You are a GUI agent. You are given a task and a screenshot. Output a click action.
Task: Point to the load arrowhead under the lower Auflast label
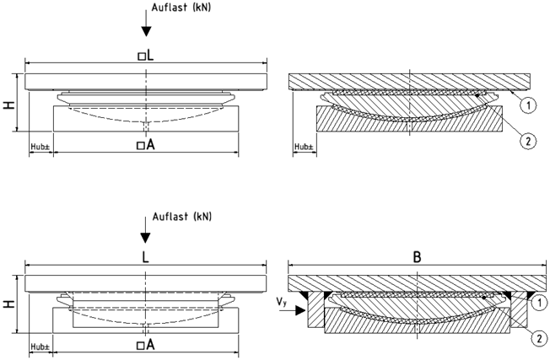(x=147, y=239)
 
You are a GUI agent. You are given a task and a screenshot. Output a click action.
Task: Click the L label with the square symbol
(x=146, y=55)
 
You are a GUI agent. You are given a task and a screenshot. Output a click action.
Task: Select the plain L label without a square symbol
(x=146, y=258)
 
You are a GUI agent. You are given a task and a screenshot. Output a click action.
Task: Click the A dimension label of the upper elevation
(x=146, y=145)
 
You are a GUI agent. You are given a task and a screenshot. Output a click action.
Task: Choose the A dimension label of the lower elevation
(x=146, y=345)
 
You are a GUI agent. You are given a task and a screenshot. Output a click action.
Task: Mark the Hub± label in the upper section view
(x=304, y=146)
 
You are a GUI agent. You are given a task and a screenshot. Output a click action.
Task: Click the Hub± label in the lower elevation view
(x=40, y=346)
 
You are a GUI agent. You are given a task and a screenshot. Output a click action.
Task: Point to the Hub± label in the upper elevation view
(x=40, y=146)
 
